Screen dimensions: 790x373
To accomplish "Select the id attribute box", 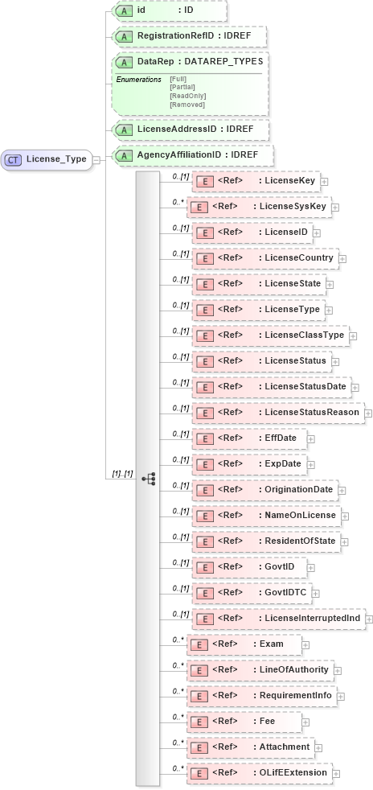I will click(x=169, y=10).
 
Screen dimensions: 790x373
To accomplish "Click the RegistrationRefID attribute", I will click(x=189, y=36).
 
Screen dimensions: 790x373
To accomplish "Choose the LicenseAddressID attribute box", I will click(x=190, y=128).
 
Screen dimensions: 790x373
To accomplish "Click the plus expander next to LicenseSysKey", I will click(x=335, y=208).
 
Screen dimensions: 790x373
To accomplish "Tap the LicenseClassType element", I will click(x=269, y=335).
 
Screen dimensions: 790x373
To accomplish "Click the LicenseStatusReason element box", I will click(x=277, y=412).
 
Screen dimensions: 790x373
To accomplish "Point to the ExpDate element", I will click(x=248, y=463).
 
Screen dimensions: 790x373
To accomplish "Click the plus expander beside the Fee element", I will click(x=305, y=722).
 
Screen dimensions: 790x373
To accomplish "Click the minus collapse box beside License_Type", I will click(x=96, y=159).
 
